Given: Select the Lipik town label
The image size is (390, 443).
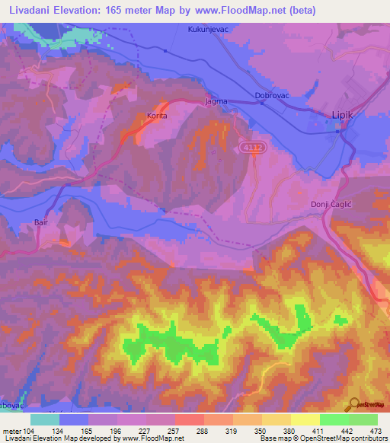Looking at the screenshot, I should point(343,115).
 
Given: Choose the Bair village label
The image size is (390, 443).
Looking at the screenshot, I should point(41,223).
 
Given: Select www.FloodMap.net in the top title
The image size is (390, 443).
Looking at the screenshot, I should point(236,9).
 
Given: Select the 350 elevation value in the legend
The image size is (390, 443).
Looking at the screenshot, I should point(261,430).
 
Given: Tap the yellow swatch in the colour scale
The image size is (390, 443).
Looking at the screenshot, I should point(305,419).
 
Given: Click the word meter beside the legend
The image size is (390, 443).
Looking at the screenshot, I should point(11,430).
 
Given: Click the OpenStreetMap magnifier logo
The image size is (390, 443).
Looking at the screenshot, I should point(355,405).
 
